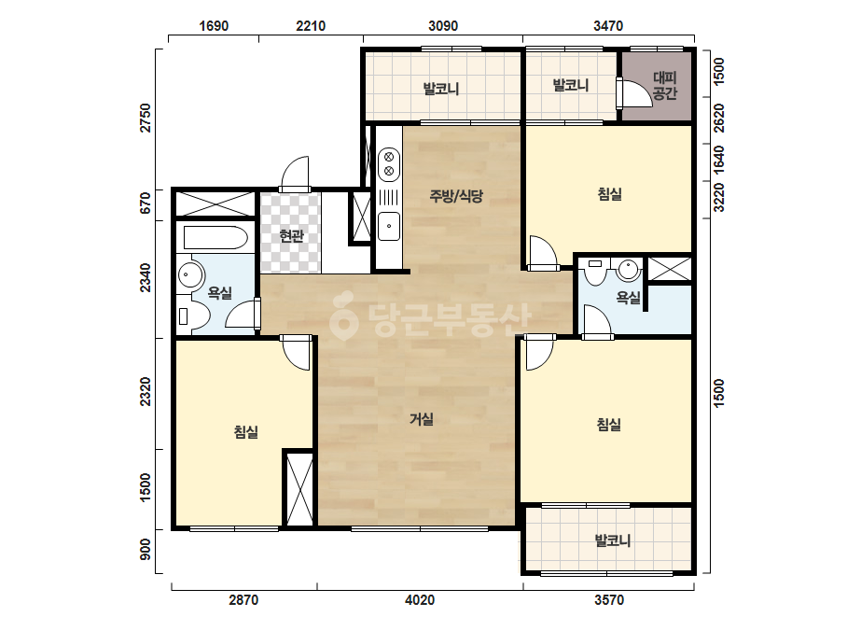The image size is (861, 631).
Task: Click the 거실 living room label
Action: tap(422, 419)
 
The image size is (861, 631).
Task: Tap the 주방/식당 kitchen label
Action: tap(456, 196)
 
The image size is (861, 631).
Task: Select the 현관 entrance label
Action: tap(291, 236)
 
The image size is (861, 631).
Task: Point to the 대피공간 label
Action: tap(664, 86)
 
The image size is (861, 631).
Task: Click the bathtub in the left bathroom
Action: tap(215, 237)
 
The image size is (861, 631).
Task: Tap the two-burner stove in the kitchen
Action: tap(389, 162)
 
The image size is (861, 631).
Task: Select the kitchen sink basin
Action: tap(389, 226)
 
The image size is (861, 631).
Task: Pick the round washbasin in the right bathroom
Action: tap(628, 270)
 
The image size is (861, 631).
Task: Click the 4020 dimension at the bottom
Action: tap(420, 600)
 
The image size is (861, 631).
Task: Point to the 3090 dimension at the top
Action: tap(443, 26)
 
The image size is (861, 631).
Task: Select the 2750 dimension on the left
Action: tap(145, 118)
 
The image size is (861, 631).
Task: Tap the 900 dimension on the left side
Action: tap(145, 549)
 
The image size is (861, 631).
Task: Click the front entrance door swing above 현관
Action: tap(296, 173)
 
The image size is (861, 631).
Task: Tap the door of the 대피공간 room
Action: tap(632, 93)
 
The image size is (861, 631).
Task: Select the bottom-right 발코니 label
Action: tap(613, 540)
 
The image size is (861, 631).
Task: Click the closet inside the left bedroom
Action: tap(299, 488)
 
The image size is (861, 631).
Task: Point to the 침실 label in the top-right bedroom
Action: tap(609, 194)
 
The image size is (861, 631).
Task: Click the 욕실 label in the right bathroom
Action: tap(628, 298)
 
